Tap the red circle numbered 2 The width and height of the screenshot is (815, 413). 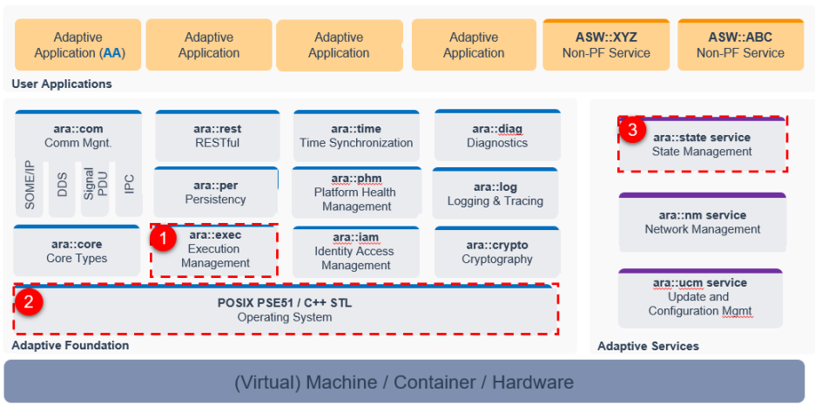point(30,302)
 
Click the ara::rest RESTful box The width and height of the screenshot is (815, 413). point(217,136)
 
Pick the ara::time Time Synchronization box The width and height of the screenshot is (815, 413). point(356,136)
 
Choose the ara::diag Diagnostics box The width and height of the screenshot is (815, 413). point(496,136)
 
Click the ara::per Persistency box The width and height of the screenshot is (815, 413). point(216,193)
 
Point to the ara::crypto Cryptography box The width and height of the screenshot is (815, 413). point(496,252)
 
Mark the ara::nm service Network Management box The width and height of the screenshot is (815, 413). point(702,222)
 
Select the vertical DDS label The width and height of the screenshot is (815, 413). point(63,184)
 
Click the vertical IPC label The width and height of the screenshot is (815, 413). point(130,184)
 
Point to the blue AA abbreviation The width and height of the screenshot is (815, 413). point(113,53)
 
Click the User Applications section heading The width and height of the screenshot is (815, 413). point(62,85)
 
